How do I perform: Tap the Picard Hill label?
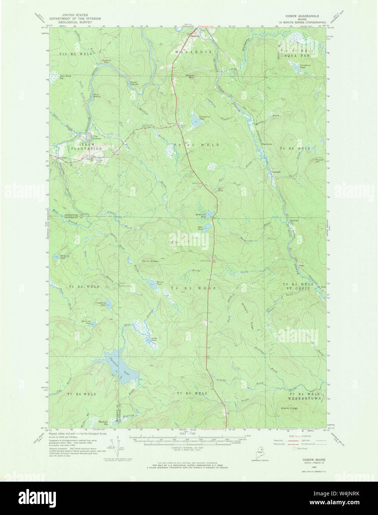(319, 161)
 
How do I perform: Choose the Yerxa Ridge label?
(150, 261)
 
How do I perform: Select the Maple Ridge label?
(289, 408)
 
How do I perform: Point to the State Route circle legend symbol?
(295, 448)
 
